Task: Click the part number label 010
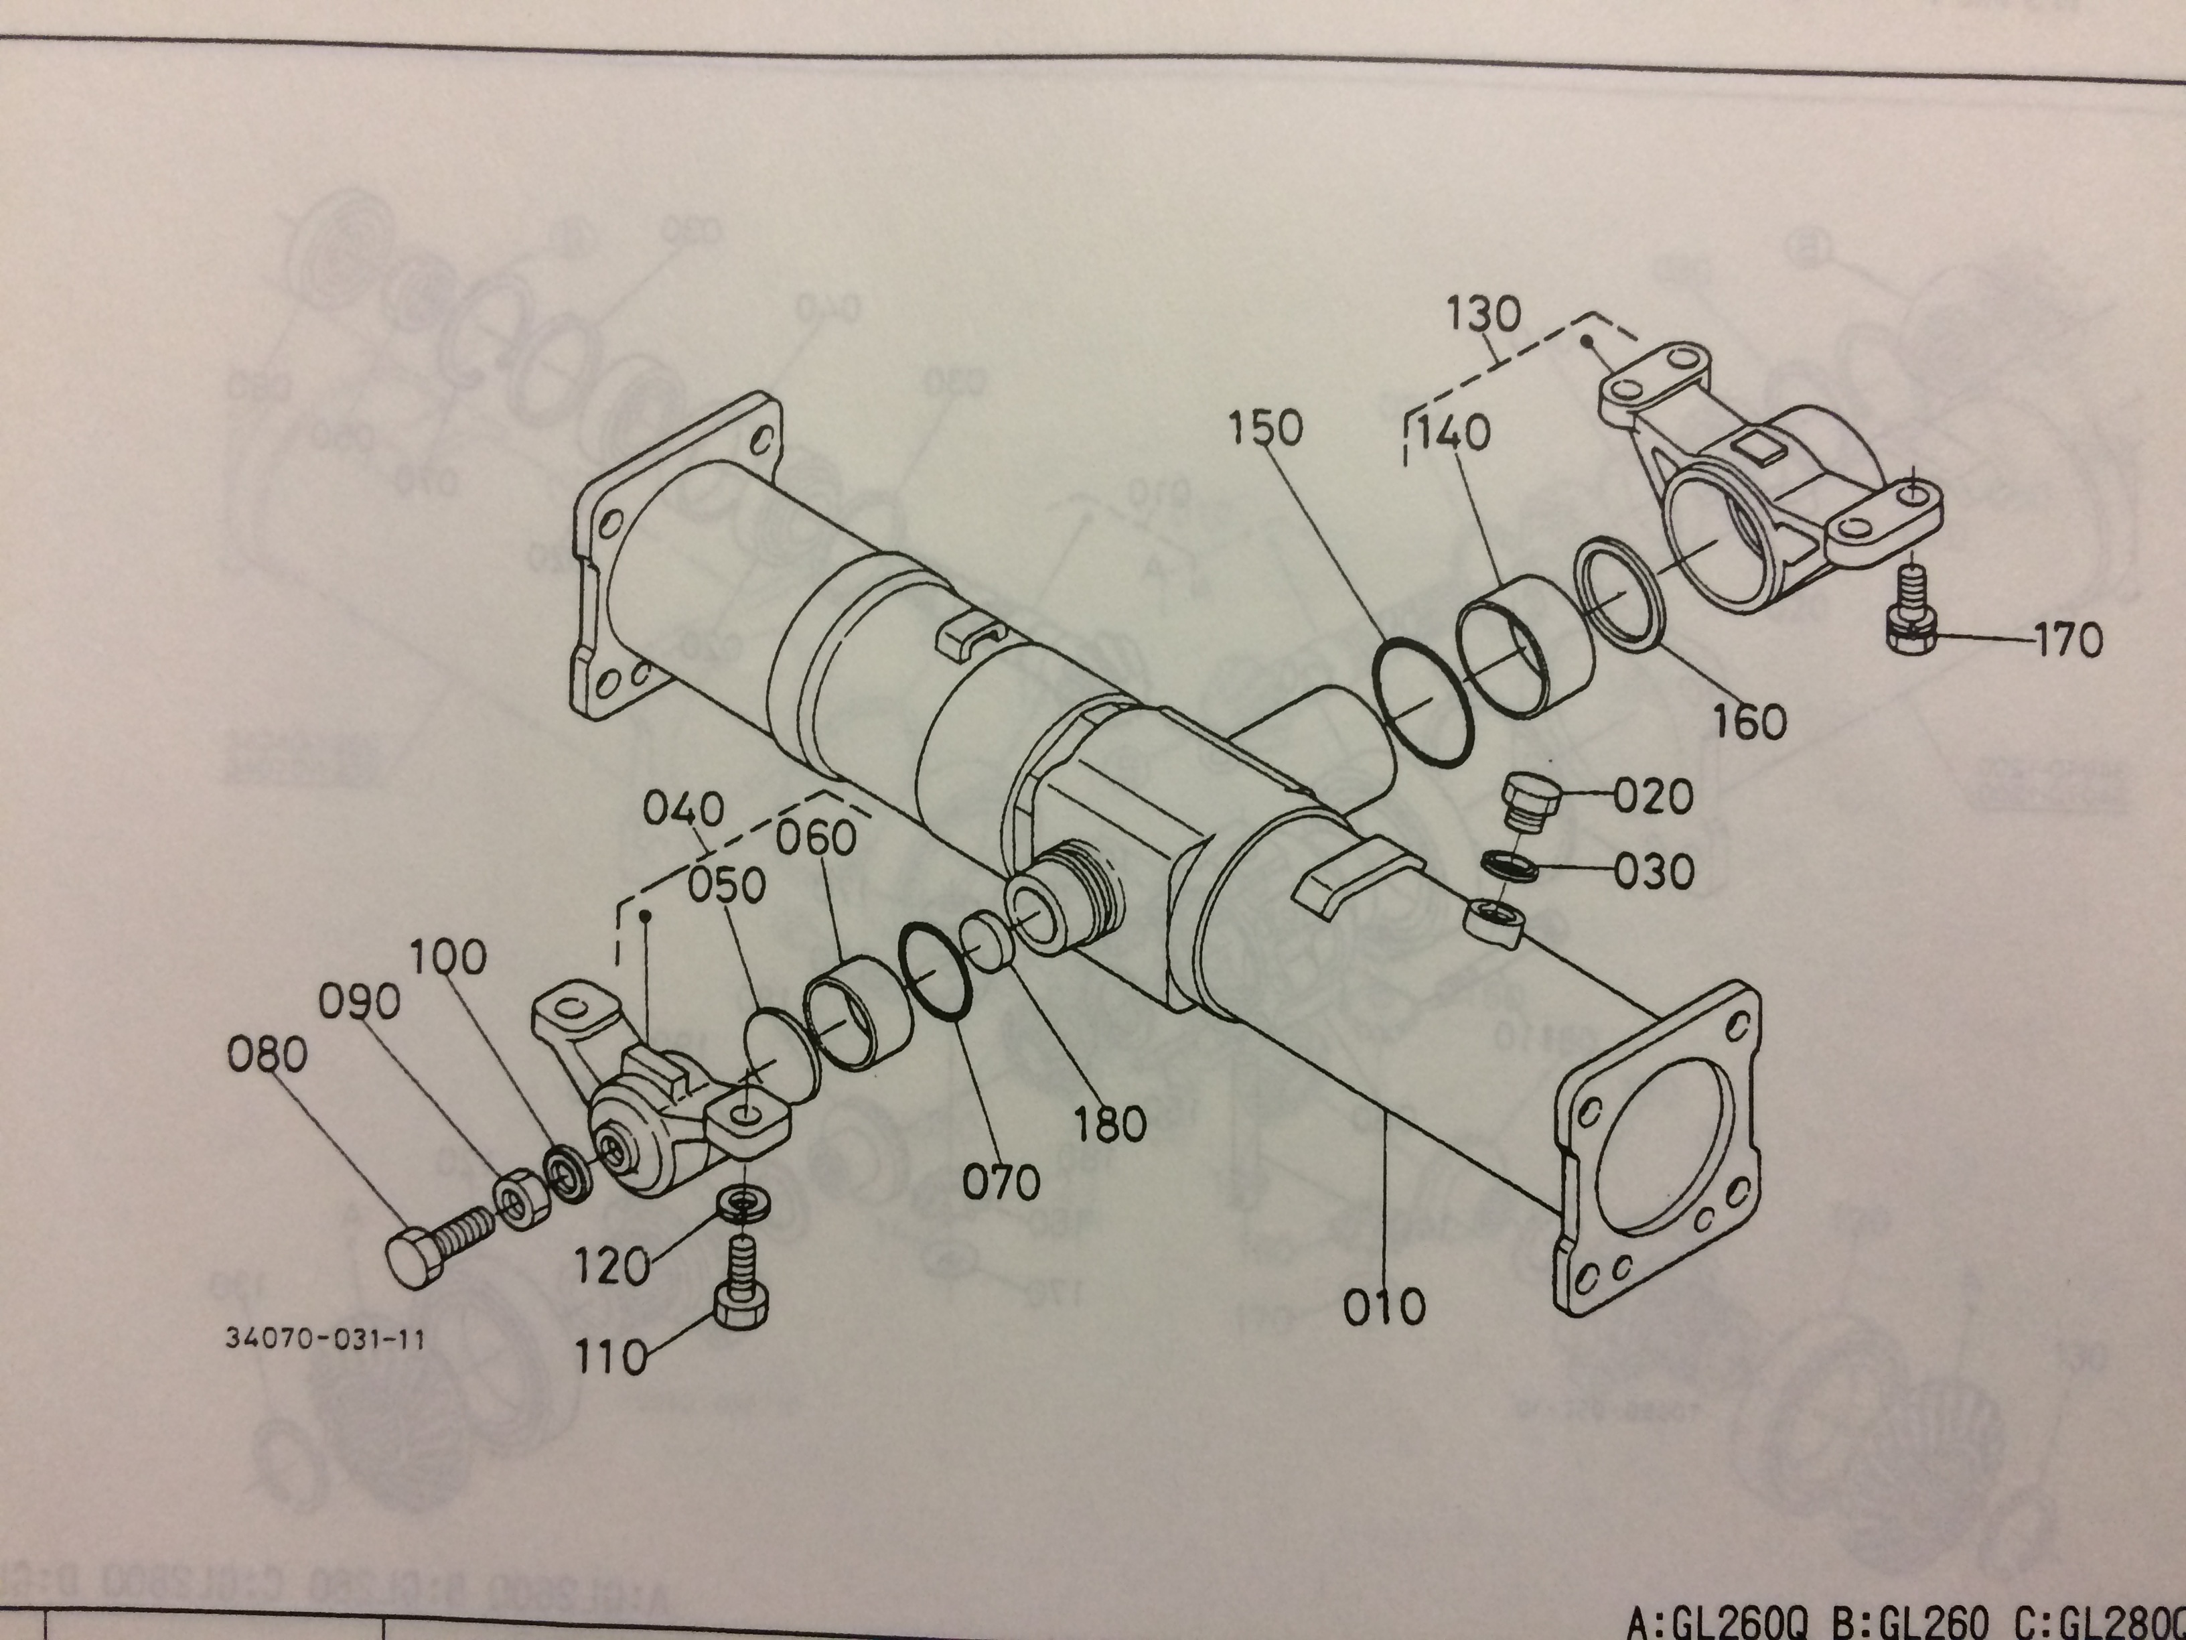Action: click(x=1384, y=1307)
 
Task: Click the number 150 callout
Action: click(x=1266, y=428)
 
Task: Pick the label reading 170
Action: click(x=2067, y=640)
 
